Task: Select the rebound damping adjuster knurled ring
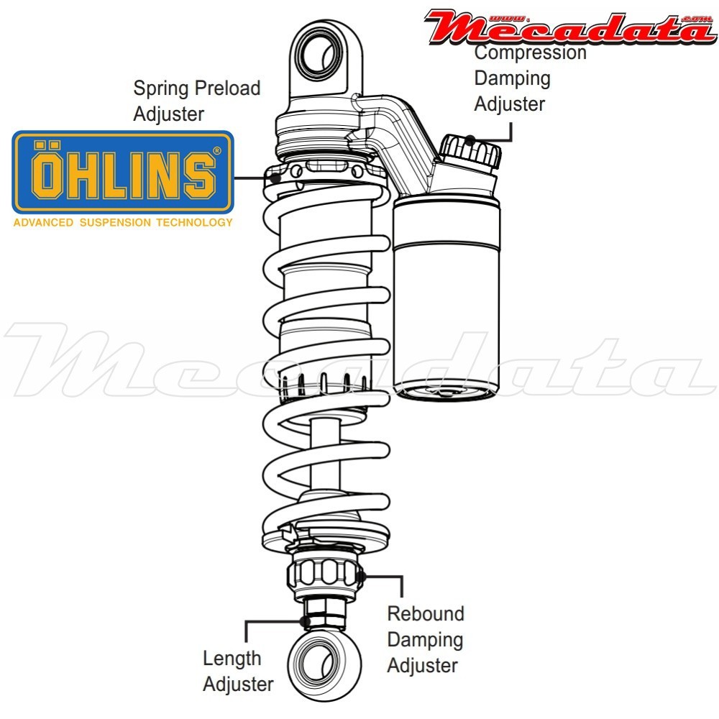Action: [x=323, y=574]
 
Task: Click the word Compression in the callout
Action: [x=531, y=52]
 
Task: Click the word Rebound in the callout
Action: [x=426, y=614]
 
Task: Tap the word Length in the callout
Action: [x=232, y=658]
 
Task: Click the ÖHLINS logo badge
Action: [x=123, y=172]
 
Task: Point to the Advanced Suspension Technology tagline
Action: [x=123, y=222]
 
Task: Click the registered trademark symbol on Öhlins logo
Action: [x=217, y=151]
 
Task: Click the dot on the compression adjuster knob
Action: [x=470, y=139]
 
